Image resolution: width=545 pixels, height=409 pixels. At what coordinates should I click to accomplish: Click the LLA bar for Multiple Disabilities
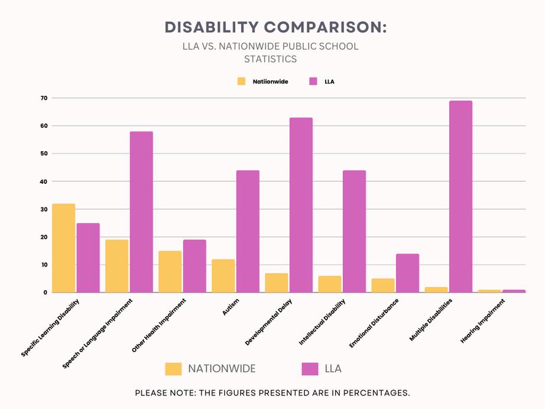pyautogui.click(x=460, y=196)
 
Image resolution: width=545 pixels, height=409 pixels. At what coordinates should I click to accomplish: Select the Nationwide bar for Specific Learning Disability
pyautogui.click(x=63, y=248)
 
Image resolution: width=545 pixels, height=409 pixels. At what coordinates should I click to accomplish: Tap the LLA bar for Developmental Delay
pyautogui.click(x=301, y=204)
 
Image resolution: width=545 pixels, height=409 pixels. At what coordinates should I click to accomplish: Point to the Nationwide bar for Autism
pyautogui.click(x=223, y=275)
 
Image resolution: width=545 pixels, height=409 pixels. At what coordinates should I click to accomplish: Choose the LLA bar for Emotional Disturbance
pyautogui.click(x=407, y=272)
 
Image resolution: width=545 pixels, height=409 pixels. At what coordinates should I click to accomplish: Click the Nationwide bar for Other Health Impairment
pyautogui.click(x=170, y=271)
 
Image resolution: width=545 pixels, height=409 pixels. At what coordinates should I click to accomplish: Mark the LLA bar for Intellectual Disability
pyautogui.click(x=354, y=231)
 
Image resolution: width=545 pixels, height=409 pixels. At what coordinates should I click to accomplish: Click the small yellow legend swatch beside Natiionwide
pyautogui.click(x=241, y=81)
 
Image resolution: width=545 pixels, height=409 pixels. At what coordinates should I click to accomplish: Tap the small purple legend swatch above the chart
pyautogui.click(x=313, y=81)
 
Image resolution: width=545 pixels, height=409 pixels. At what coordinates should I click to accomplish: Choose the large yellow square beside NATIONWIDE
pyautogui.click(x=174, y=369)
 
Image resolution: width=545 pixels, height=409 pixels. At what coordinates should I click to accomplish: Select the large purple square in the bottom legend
pyautogui.click(x=310, y=369)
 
